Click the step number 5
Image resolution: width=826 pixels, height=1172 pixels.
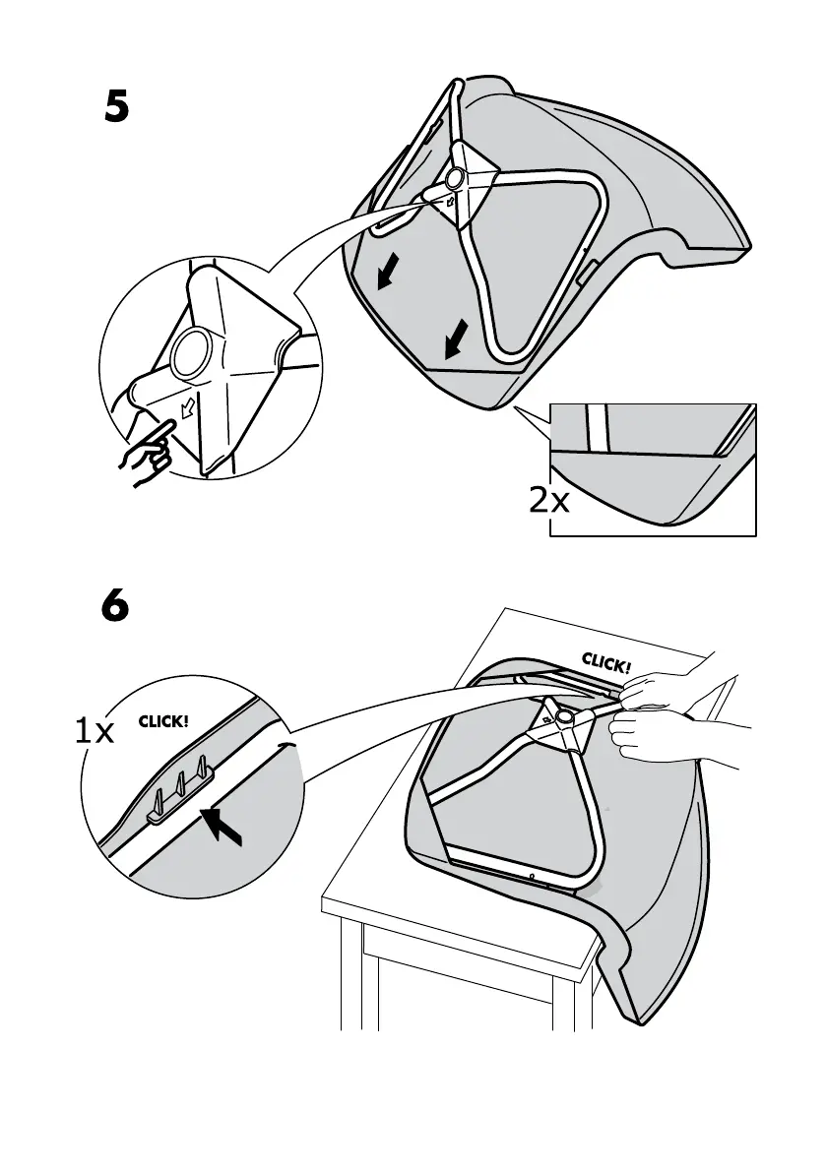pyautogui.click(x=116, y=107)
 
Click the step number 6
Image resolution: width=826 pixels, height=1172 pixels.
pyautogui.click(x=115, y=606)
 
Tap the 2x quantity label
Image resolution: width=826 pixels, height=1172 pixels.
pyautogui.click(x=549, y=501)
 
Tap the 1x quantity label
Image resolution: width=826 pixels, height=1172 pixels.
pyautogui.click(x=95, y=730)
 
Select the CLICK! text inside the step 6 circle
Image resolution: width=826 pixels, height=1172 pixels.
pyautogui.click(x=162, y=721)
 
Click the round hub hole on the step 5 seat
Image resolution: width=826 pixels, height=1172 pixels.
pyautogui.click(x=455, y=179)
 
